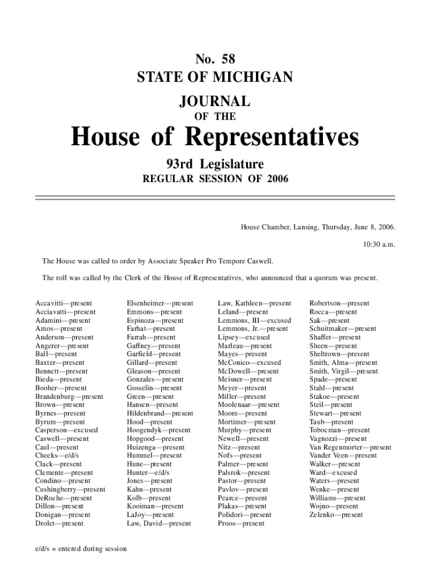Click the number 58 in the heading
pyautogui.click(x=226, y=58)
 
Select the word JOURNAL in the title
pyautogui.click(x=215, y=102)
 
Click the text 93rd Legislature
pyautogui.click(x=215, y=165)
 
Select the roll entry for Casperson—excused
pyautogui.click(x=66, y=430)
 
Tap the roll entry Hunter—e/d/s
pyautogui.click(x=148, y=473)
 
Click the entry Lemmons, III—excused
pyautogui.click(x=254, y=321)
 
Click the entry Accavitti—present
pyautogui.click(x=64, y=304)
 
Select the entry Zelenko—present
pyautogui.click(x=336, y=515)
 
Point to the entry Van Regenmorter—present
pyautogui.click(x=350, y=447)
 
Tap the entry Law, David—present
pyautogui.click(x=159, y=523)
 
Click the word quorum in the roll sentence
pyautogui.click(x=324, y=279)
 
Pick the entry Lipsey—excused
pyautogui.click(x=244, y=337)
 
